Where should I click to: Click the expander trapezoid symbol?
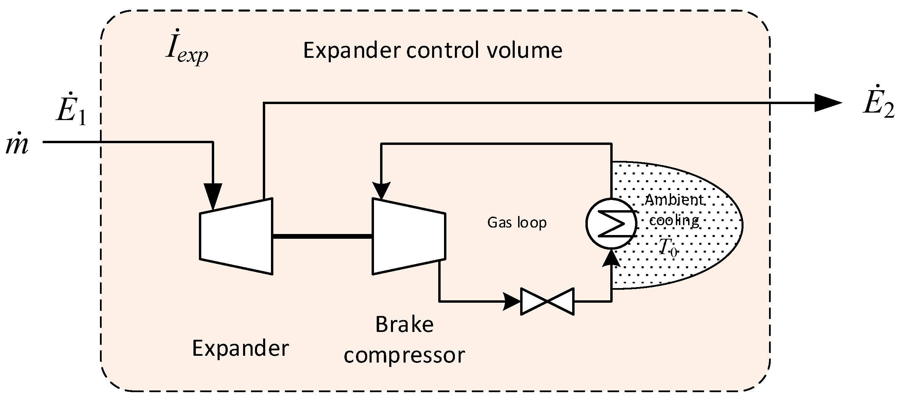pos(236,236)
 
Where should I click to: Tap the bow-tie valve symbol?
pos(547,301)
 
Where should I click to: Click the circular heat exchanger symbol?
pos(611,223)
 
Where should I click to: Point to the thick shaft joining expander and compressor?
pos(322,236)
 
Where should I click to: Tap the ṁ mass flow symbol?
pos(17,144)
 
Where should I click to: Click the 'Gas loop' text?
pos(517,223)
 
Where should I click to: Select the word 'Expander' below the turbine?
pos(240,348)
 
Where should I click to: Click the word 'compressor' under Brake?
pos(404,355)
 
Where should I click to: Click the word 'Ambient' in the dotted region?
pos(674,199)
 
